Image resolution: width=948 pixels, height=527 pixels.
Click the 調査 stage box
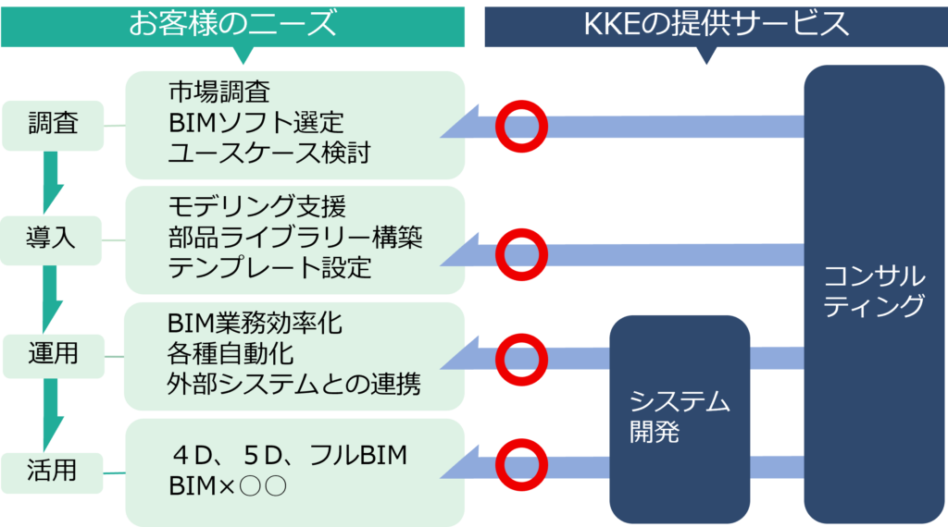tap(53, 124)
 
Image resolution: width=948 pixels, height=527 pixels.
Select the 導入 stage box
tap(52, 239)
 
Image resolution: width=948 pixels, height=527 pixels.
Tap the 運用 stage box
tap(52, 354)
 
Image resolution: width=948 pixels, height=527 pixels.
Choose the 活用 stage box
tap(52, 471)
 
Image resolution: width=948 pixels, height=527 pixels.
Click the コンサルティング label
tap(874, 289)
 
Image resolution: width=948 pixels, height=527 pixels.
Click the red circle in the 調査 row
tap(521, 125)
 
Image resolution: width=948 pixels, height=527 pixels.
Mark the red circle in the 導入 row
tap(521, 253)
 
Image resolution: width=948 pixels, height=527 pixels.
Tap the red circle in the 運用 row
tap(521, 358)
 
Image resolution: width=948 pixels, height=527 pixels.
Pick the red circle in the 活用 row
tap(521, 461)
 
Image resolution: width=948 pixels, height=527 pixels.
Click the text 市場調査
tap(219, 92)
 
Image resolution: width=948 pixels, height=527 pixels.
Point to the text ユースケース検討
tap(268, 153)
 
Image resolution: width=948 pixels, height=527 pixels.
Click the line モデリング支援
tap(256, 206)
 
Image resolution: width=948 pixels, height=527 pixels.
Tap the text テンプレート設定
tap(269, 268)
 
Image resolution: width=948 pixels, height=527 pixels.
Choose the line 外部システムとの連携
tap(293, 384)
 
